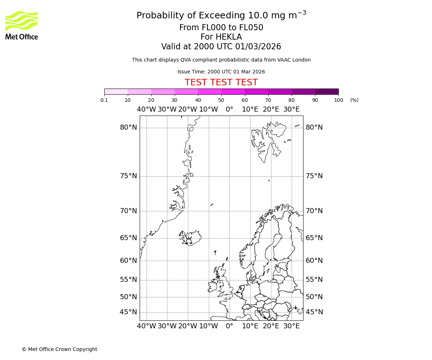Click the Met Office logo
coord(22,25)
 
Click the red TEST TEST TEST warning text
coord(221,82)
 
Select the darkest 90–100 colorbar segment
coord(327,91)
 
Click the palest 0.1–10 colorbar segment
coord(116,91)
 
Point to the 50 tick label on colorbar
coord(221,100)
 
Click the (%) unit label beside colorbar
coord(354,100)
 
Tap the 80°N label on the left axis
coord(129,127)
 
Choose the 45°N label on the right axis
coord(314,312)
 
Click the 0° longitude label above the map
coord(229,109)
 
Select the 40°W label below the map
coord(147,326)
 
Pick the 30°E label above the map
coord(291,109)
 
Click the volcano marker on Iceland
coord(189,241)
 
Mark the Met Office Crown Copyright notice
coord(59,349)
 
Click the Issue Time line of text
coord(221,72)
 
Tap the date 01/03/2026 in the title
coord(258,46)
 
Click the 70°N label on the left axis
coord(129,211)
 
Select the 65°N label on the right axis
coord(314,238)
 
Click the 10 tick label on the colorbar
coord(128,100)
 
